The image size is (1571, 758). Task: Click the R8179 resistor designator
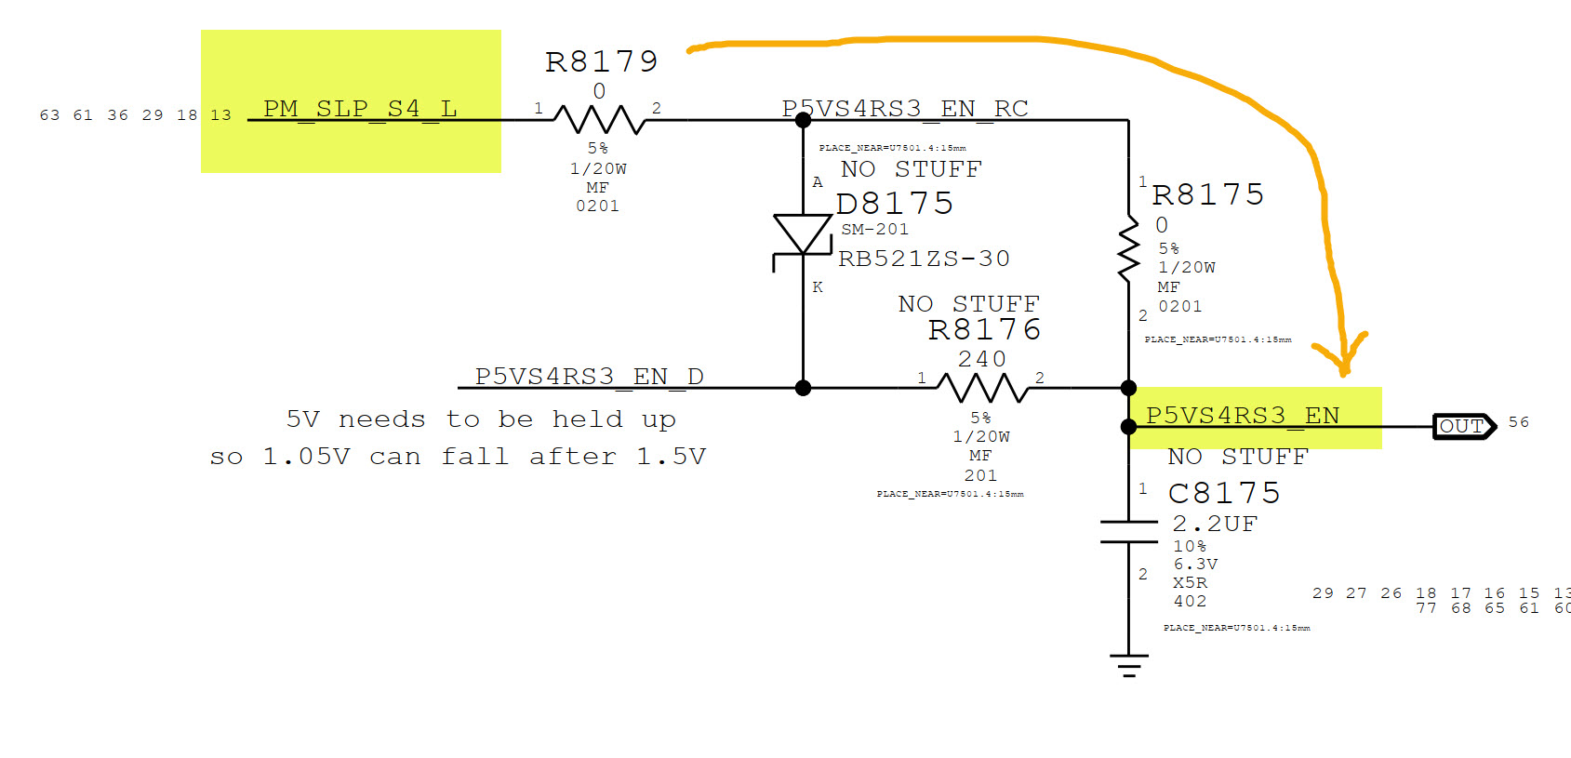tap(602, 61)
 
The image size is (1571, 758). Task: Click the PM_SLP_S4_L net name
tap(360, 109)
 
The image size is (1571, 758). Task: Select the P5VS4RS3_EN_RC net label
tap(905, 109)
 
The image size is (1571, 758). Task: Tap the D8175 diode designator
tap(895, 204)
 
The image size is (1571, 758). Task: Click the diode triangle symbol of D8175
tap(803, 233)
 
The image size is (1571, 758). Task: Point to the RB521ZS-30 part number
tap(924, 259)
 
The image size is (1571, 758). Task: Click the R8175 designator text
tap(1208, 194)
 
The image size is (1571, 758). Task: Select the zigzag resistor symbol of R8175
tap(1128, 249)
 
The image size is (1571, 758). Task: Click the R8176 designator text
tap(984, 329)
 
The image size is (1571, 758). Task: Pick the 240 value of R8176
tap(982, 359)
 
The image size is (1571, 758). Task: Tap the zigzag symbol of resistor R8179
tap(600, 119)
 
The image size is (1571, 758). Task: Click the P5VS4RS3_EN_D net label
tap(589, 377)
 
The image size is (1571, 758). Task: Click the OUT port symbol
tap(1463, 427)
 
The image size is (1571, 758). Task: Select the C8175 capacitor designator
tap(1224, 493)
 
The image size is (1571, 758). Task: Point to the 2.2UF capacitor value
tap(1215, 525)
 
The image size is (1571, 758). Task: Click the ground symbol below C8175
tap(1128, 665)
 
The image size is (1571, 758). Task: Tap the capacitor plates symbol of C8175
tap(1128, 532)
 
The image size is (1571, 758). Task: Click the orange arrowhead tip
tap(1344, 372)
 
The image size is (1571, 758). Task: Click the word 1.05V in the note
tap(306, 457)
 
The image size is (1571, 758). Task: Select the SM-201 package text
tap(874, 230)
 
